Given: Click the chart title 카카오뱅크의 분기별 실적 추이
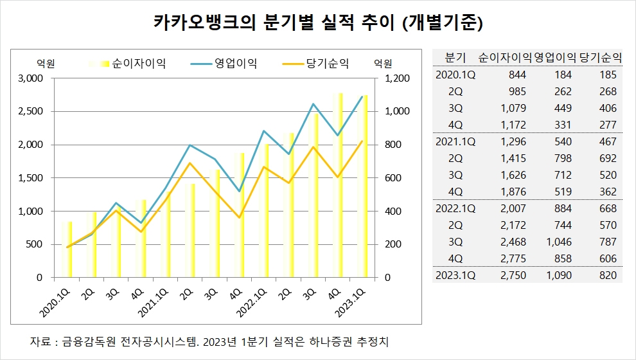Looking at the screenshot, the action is coord(274,22).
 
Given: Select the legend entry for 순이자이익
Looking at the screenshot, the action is coord(127,63).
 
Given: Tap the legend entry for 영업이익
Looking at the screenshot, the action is coord(224,63).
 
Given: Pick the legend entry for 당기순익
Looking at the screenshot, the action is coord(315,63).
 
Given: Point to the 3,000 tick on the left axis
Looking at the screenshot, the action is coord(30,78).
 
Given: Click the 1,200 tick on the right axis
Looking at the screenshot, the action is coord(397,78).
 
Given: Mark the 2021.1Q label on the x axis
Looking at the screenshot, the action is coord(153,303).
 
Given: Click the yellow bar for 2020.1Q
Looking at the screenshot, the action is coord(67,249).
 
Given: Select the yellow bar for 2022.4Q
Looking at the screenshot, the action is coord(338,186).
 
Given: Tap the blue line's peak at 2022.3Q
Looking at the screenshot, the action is coord(313,104).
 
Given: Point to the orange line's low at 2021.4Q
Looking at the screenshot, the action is coord(240,217).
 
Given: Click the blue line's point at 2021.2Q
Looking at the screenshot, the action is coord(190,145).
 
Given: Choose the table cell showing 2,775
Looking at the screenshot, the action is coord(513,258).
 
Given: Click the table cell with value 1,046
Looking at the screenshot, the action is coord(559,242).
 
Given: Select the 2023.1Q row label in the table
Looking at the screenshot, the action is coord(455,275).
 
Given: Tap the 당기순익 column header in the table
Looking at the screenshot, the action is coord(600,58).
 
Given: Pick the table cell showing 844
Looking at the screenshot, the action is coord(517,75).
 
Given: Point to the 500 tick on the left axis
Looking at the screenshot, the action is coord(35,244).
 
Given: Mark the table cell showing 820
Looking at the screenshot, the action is coord(608,275).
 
